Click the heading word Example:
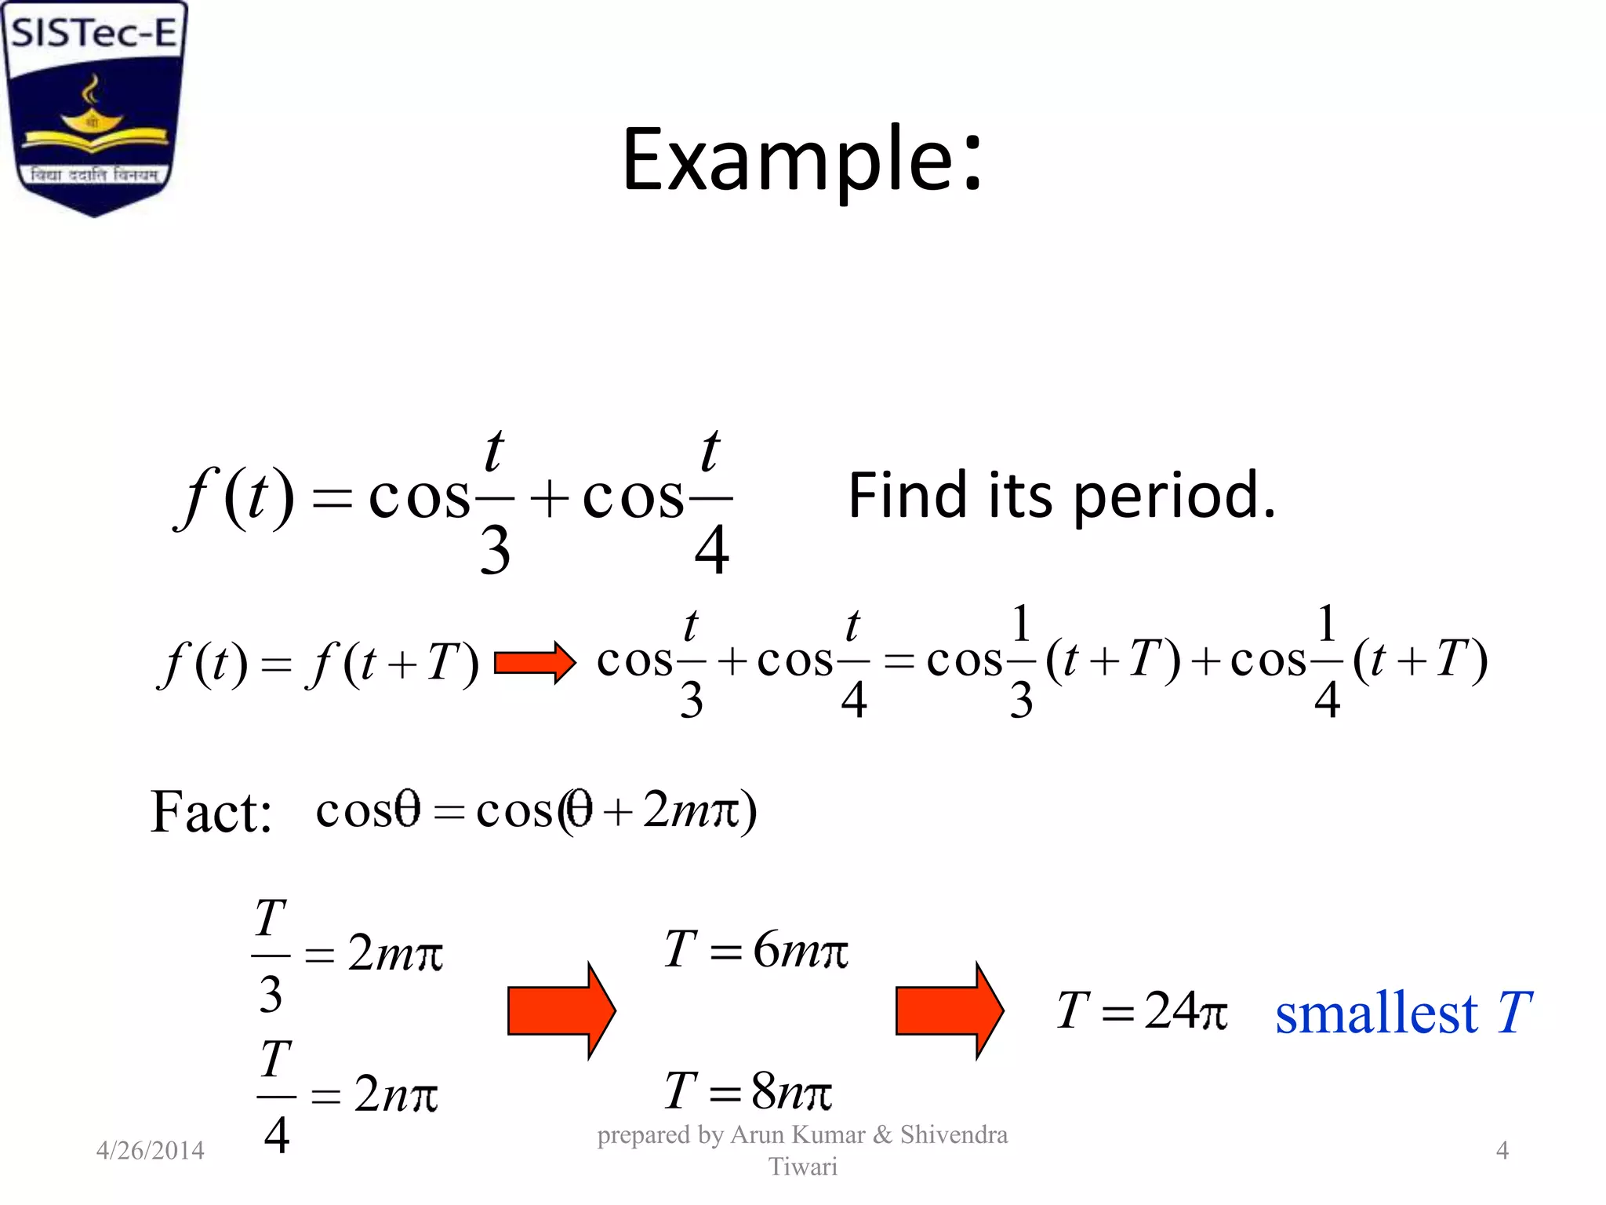[x=801, y=161]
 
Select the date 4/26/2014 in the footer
[x=150, y=1150]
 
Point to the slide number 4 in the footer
[x=1502, y=1150]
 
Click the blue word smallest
[x=1376, y=1013]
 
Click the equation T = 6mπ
[x=756, y=950]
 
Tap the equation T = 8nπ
[x=747, y=1091]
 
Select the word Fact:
[x=211, y=812]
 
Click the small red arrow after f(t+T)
[x=535, y=663]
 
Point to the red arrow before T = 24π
[x=949, y=1010]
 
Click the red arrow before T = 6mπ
[x=561, y=1010]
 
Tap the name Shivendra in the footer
[x=954, y=1134]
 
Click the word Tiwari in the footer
[x=802, y=1167]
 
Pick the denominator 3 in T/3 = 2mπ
[x=271, y=995]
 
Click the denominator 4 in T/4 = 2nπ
[x=276, y=1135]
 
